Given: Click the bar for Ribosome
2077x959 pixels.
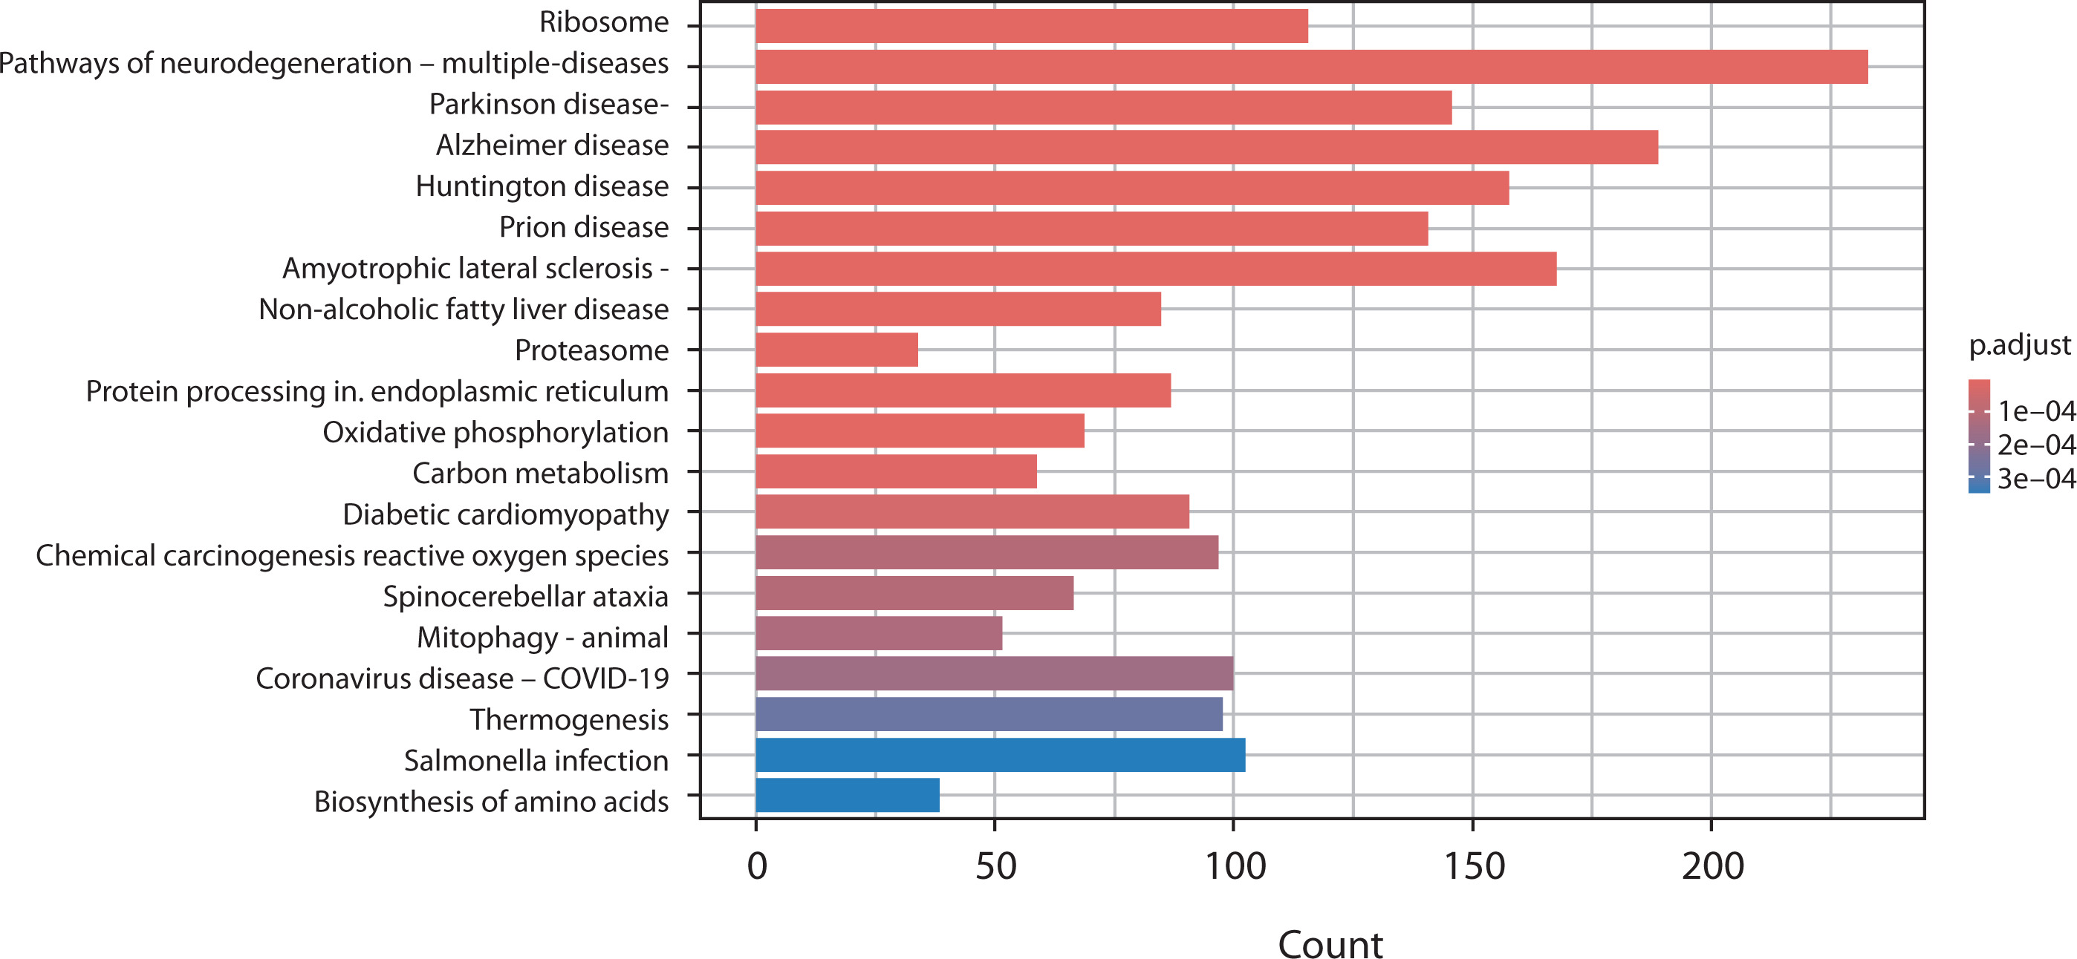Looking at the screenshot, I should pos(1031,26).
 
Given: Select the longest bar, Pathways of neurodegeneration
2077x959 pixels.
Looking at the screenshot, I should pos(1311,67).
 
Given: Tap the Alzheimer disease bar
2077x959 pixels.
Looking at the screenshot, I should pos(1206,148).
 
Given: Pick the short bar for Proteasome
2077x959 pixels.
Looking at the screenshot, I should pos(836,350).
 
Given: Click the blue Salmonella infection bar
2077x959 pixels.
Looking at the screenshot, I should pos(1000,755).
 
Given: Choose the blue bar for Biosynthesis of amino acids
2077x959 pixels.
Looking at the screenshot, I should pos(848,796).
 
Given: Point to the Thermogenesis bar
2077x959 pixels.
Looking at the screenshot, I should pos(989,715).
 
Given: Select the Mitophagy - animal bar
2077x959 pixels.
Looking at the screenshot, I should pos(879,633).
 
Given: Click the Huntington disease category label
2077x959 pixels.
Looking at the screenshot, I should pos(542,186).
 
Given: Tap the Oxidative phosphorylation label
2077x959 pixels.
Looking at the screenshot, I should pos(495,433).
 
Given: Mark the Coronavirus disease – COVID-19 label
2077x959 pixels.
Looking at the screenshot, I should pos(462,678).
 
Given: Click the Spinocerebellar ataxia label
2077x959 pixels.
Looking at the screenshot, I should pos(525,596).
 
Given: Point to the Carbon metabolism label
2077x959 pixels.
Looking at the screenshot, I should pos(540,473).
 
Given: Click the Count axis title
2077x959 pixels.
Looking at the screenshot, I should pos(1330,943).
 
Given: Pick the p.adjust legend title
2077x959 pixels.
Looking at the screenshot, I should pos(2019,345).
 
